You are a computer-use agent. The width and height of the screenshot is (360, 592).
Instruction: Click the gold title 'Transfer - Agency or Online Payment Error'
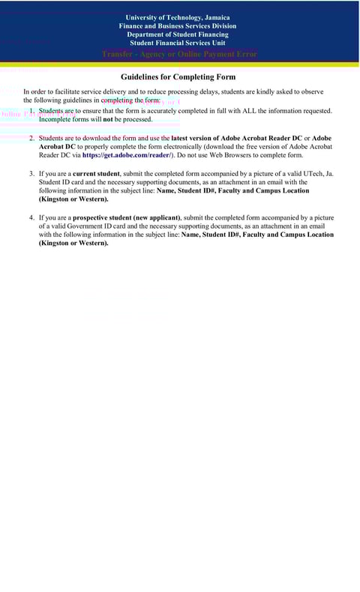[x=179, y=54]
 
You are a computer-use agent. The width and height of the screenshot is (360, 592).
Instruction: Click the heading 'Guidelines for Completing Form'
[x=178, y=77]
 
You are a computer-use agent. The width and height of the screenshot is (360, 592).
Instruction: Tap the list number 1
[x=31, y=111]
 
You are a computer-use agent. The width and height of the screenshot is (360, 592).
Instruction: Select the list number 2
[x=31, y=139]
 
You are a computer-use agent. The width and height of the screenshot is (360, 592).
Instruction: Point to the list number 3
[x=31, y=174]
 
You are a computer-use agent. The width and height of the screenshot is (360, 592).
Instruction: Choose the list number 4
[x=31, y=217]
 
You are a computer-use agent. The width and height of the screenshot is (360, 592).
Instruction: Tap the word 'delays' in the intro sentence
[x=202, y=91]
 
